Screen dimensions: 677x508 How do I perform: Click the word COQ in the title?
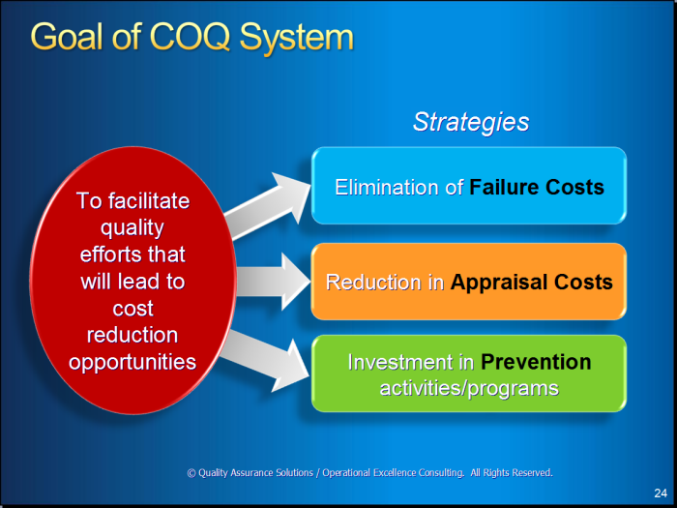click(190, 37)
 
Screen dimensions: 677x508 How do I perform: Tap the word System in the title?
click(297, 39)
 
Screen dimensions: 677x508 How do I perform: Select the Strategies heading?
click(471, 123)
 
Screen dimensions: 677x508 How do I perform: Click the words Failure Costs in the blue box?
click(537, 187)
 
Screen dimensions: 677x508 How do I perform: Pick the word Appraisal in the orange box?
click(499, 283)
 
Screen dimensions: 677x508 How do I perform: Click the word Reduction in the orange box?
click(374, 283)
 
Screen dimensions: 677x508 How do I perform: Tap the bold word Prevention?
click(536, 362)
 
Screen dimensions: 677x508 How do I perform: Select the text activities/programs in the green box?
click(469, 388)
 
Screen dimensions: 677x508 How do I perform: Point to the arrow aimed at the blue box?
click(268, 205)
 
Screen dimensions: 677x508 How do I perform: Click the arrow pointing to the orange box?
click(274, 282)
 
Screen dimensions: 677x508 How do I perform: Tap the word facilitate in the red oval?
click(149, 201)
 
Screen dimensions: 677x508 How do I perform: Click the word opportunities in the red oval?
click(132, 363)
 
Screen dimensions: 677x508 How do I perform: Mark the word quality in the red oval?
click(132, 228)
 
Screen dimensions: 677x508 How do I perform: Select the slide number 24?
click(661, 493)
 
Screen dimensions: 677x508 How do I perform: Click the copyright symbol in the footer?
click(191, 473)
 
